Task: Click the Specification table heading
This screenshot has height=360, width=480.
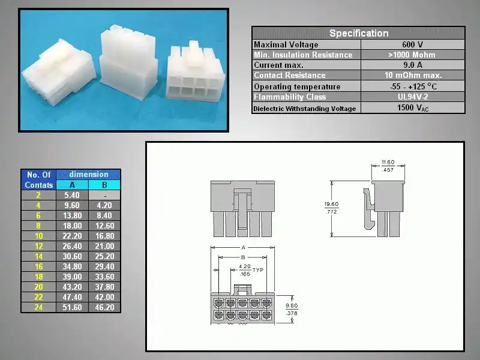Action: click(x=358, y=33)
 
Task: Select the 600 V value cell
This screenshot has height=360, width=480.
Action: click(x=413, y=44)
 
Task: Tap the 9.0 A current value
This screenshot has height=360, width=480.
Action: click(x=413, y=65)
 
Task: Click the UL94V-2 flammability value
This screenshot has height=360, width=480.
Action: click(x=413, y=97)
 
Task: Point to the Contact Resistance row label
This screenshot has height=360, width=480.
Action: click(x=290, y=76)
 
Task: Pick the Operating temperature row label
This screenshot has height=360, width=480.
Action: click(x=297, y=86)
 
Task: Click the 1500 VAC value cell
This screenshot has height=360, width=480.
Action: click(x=413, y=108)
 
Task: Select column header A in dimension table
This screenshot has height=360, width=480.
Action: click(x=72, y=185)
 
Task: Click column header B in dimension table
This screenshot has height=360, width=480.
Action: click(x=104, y=185)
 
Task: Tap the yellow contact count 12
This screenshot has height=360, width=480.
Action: click(x=38, y=246)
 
